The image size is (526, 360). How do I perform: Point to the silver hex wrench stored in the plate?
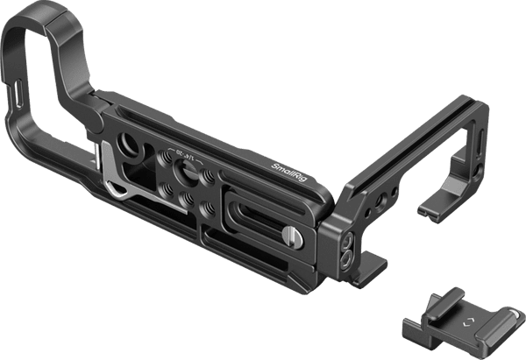tap(110, 176)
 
